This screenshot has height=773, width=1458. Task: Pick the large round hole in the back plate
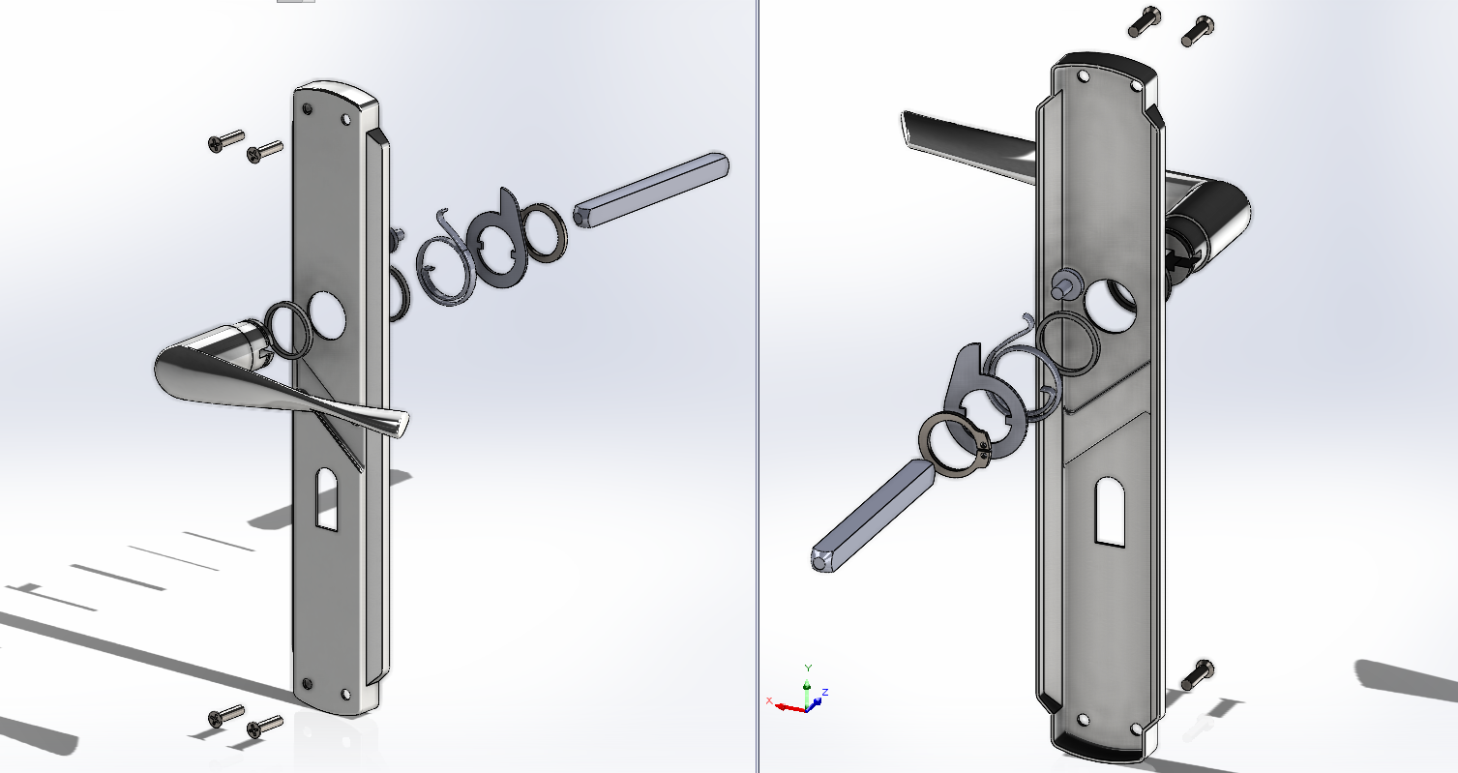click(1113, 304)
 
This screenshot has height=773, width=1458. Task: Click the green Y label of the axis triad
click(808, 668)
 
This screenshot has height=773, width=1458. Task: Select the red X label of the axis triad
click(769, 699)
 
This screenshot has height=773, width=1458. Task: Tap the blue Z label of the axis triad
click(824, 693)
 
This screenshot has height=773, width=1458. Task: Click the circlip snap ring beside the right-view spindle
click(952, 448)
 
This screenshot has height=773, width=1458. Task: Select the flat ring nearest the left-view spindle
click(548, 232)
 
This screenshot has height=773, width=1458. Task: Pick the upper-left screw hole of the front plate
click(308, 110)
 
